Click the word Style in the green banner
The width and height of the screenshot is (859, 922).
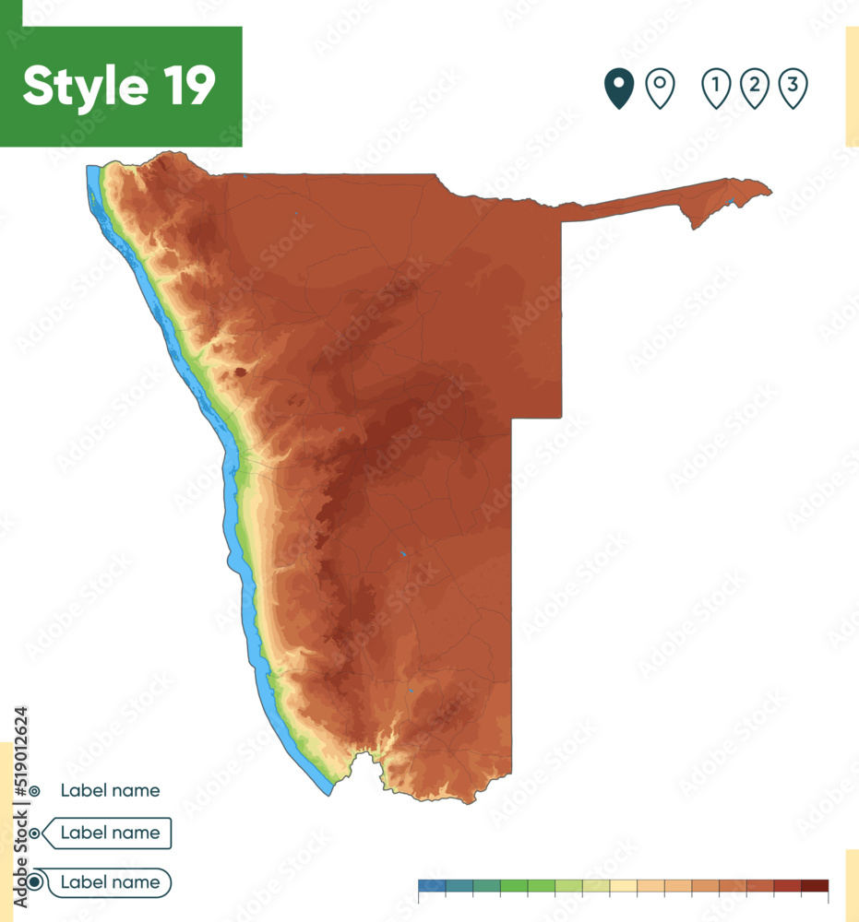pyautogui.click(x=84, y=87)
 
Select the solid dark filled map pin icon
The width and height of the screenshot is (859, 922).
pyautogui.click(x=619, y=89)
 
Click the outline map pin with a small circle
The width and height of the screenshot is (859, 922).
pyautogui.click(x=660, y=89)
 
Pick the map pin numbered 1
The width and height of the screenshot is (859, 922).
pyautogui.click(x=716, y=89)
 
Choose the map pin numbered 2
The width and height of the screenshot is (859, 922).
pyautogui.click(x=755, y=89)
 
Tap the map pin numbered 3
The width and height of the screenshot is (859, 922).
pyautogui.click(x=793, y=89)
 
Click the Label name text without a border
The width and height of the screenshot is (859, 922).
pyautogui.click(x=110, y=790)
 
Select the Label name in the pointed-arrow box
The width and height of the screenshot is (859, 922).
pyautogui.click(x=110, y=833)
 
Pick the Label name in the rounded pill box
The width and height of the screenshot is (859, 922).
pyautogui.click(x=110, y=882)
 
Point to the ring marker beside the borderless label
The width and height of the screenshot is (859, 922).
pyautogui.click(x=34, y=791)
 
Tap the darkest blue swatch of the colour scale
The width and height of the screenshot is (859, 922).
pyautogui.click(x=431, y=886)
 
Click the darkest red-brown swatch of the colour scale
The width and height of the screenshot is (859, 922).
pyautogui.click(x=815, y=886)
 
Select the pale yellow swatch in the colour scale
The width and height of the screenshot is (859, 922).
pyautogui.click(x=623, y=886)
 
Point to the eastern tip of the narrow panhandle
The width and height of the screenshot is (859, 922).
pyautogui.click(x=770, y=193)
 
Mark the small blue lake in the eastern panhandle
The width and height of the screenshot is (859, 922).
pyautogui.click(x=731, y=201)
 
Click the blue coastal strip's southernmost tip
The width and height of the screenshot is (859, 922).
pyautogui.click(x=328, y=793)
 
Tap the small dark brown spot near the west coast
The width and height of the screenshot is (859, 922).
pyautogui.click(x=241, y=372)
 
